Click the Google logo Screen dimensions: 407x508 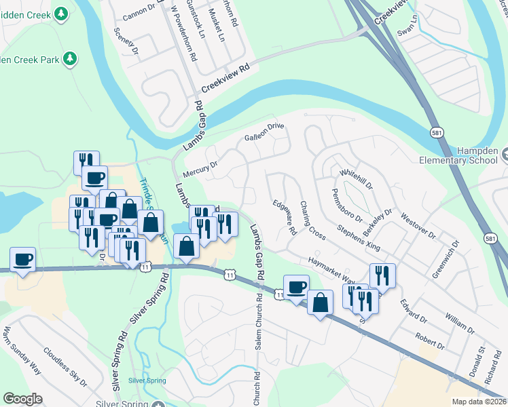pos(23,399)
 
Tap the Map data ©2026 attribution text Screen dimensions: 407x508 pos(479,402)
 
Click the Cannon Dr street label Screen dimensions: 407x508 pos(141,12)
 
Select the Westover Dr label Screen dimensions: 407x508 pos(418,226)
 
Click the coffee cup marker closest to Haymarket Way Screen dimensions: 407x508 pos(296,286)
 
